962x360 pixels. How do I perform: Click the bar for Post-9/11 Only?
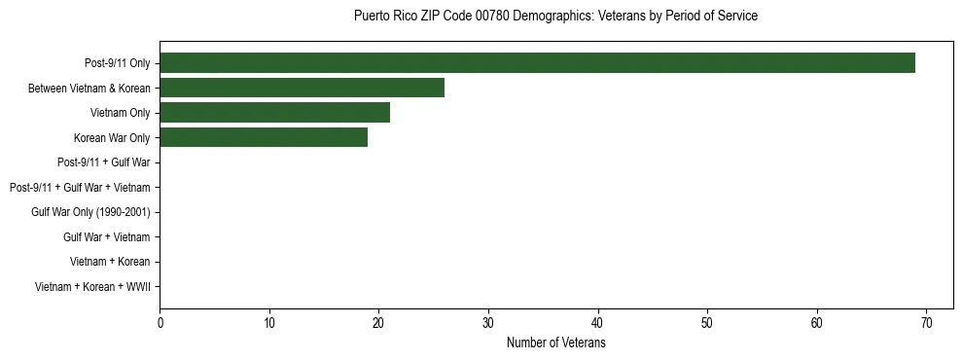tap(537, 63)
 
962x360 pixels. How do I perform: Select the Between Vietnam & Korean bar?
tap(302, 88)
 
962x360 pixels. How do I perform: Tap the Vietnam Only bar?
tap(274, 113)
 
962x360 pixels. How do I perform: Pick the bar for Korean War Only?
tap(264, 137)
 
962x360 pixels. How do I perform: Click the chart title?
tap(555, 17)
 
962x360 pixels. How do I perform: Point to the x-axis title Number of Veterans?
tap(555, 342)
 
